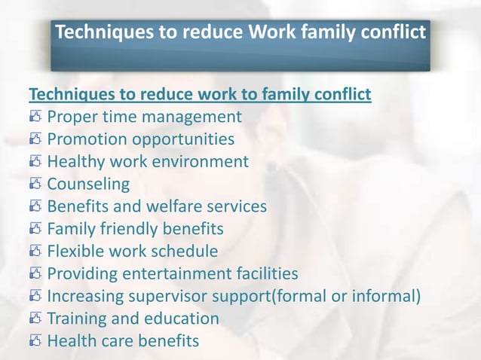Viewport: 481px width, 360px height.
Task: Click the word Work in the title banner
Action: tap(271, 32)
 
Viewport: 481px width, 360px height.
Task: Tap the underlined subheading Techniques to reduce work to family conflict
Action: tap(199, 95)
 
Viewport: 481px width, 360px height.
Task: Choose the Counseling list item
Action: tap(88, 184)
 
